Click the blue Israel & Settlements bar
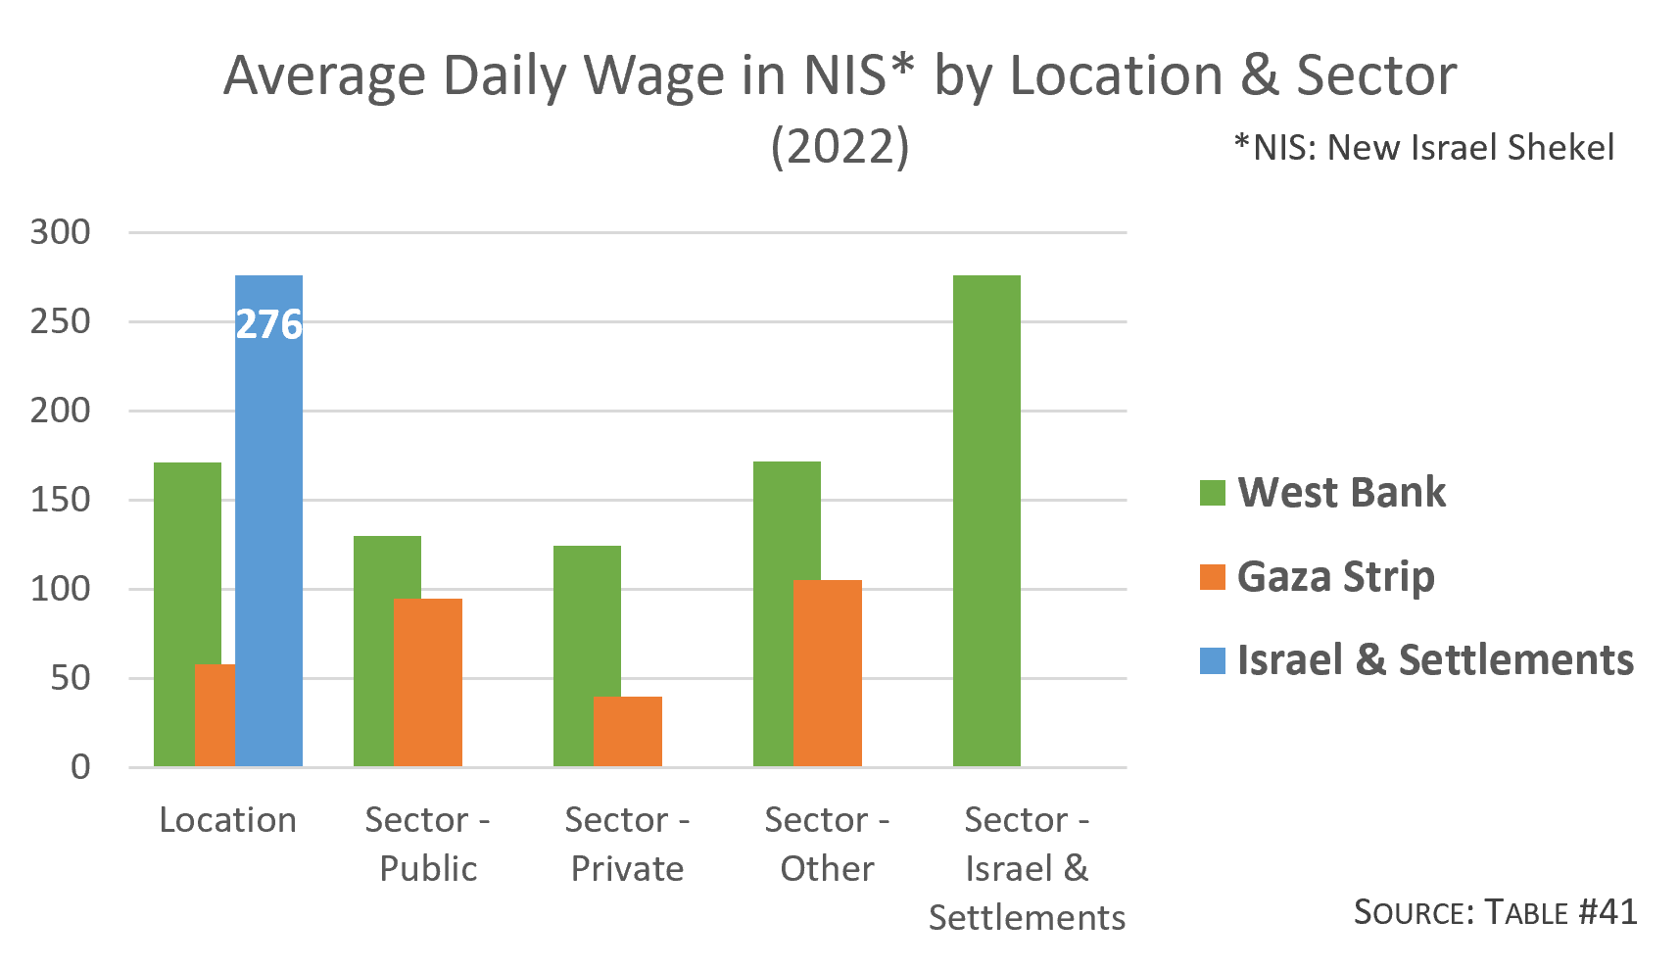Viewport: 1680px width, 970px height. (269, 549)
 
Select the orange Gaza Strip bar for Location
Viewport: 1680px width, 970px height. (215, 715)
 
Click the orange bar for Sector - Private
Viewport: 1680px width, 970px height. (628, 732)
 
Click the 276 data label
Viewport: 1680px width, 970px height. (269, 324)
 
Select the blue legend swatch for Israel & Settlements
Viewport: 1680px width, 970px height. (1213, 660)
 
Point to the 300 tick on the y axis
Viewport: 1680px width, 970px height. (60, 232)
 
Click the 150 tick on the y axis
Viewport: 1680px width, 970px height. (60, 500)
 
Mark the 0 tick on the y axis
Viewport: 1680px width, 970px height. (80, 767)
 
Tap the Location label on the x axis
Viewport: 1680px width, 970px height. (227, 820)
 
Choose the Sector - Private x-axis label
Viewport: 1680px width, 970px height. (627, 844)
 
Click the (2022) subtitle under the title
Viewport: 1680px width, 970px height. (840, 147)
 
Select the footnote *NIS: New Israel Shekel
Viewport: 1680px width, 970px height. (1424, 147)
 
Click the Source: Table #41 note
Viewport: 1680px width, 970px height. (1495, 912)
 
